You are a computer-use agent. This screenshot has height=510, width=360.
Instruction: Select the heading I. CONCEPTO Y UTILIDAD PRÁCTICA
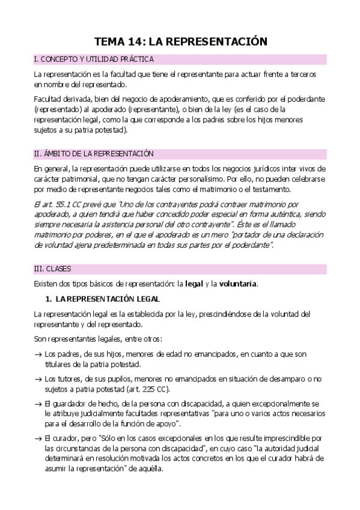[94, 60]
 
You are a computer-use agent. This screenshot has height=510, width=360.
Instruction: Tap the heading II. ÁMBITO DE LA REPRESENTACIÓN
[94, 153]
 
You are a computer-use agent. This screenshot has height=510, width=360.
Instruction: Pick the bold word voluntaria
[239, 284]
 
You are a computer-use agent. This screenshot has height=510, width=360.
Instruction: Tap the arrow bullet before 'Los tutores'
[38, 379]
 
